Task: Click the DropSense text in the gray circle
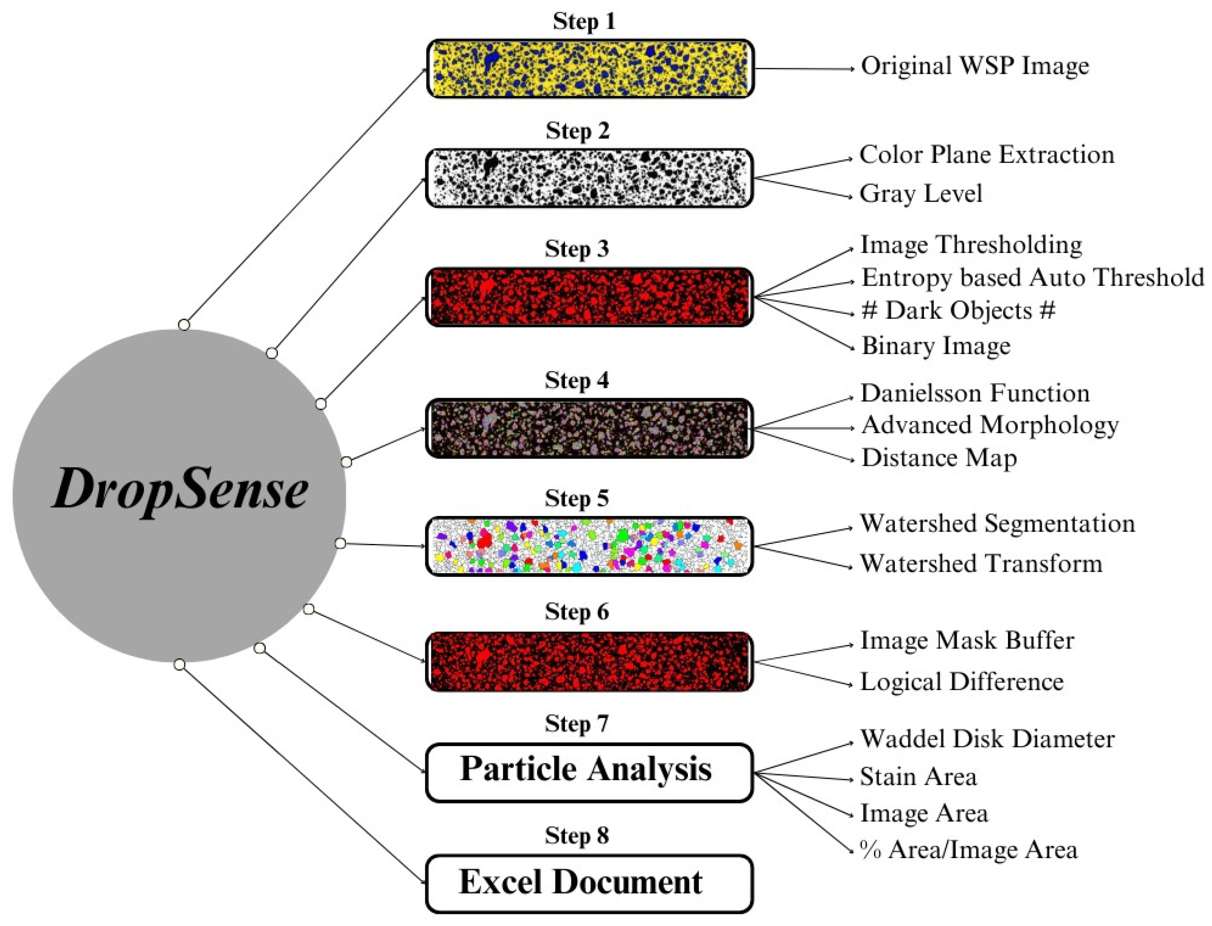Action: click(179, 488)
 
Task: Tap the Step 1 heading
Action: click(584, 22)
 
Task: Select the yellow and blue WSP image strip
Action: click(589, 69)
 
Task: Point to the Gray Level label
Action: click(921, 194)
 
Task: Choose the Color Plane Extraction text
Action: click(986, 155)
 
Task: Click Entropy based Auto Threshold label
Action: click(1032, 277)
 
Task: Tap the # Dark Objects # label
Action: click(958, 311)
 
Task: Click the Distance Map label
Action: click(938, 458)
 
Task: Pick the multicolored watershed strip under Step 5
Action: click(589, 546)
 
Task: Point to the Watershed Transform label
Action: click(981, 564)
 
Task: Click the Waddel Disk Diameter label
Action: click(986, 739)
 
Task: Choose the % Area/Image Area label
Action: click(968, 850)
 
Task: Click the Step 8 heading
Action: click(576, 835)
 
